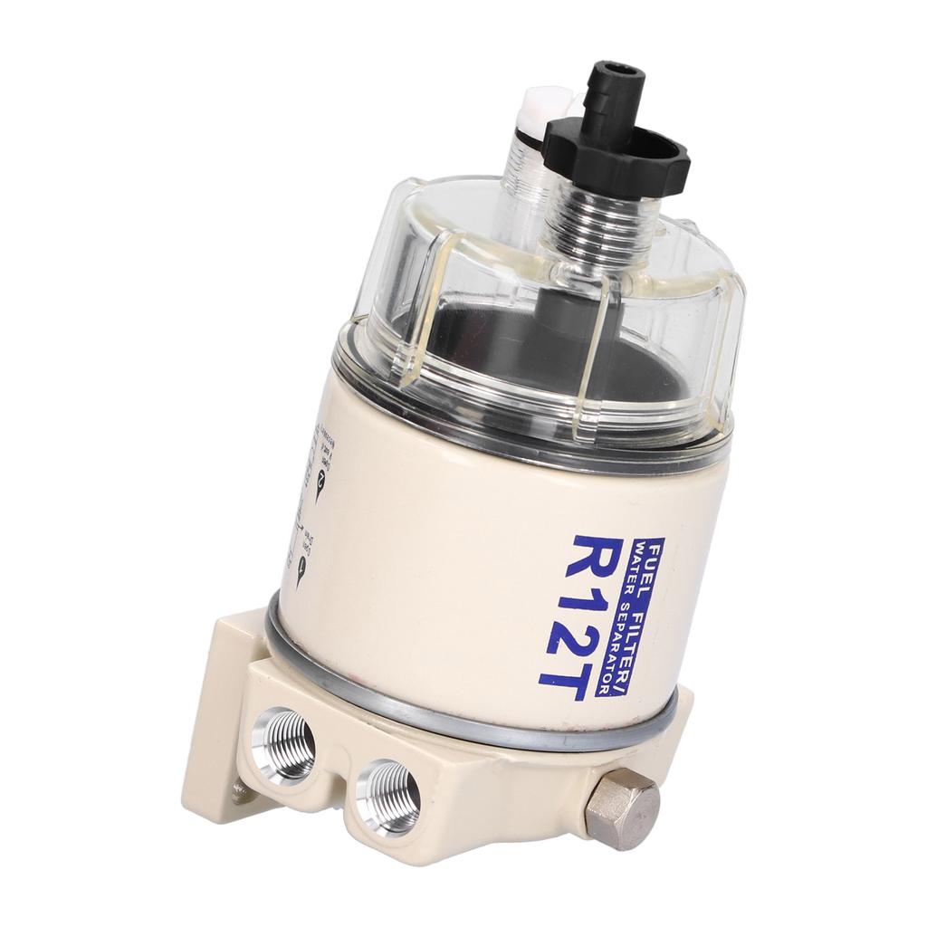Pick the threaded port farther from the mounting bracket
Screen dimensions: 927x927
[387, 796]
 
